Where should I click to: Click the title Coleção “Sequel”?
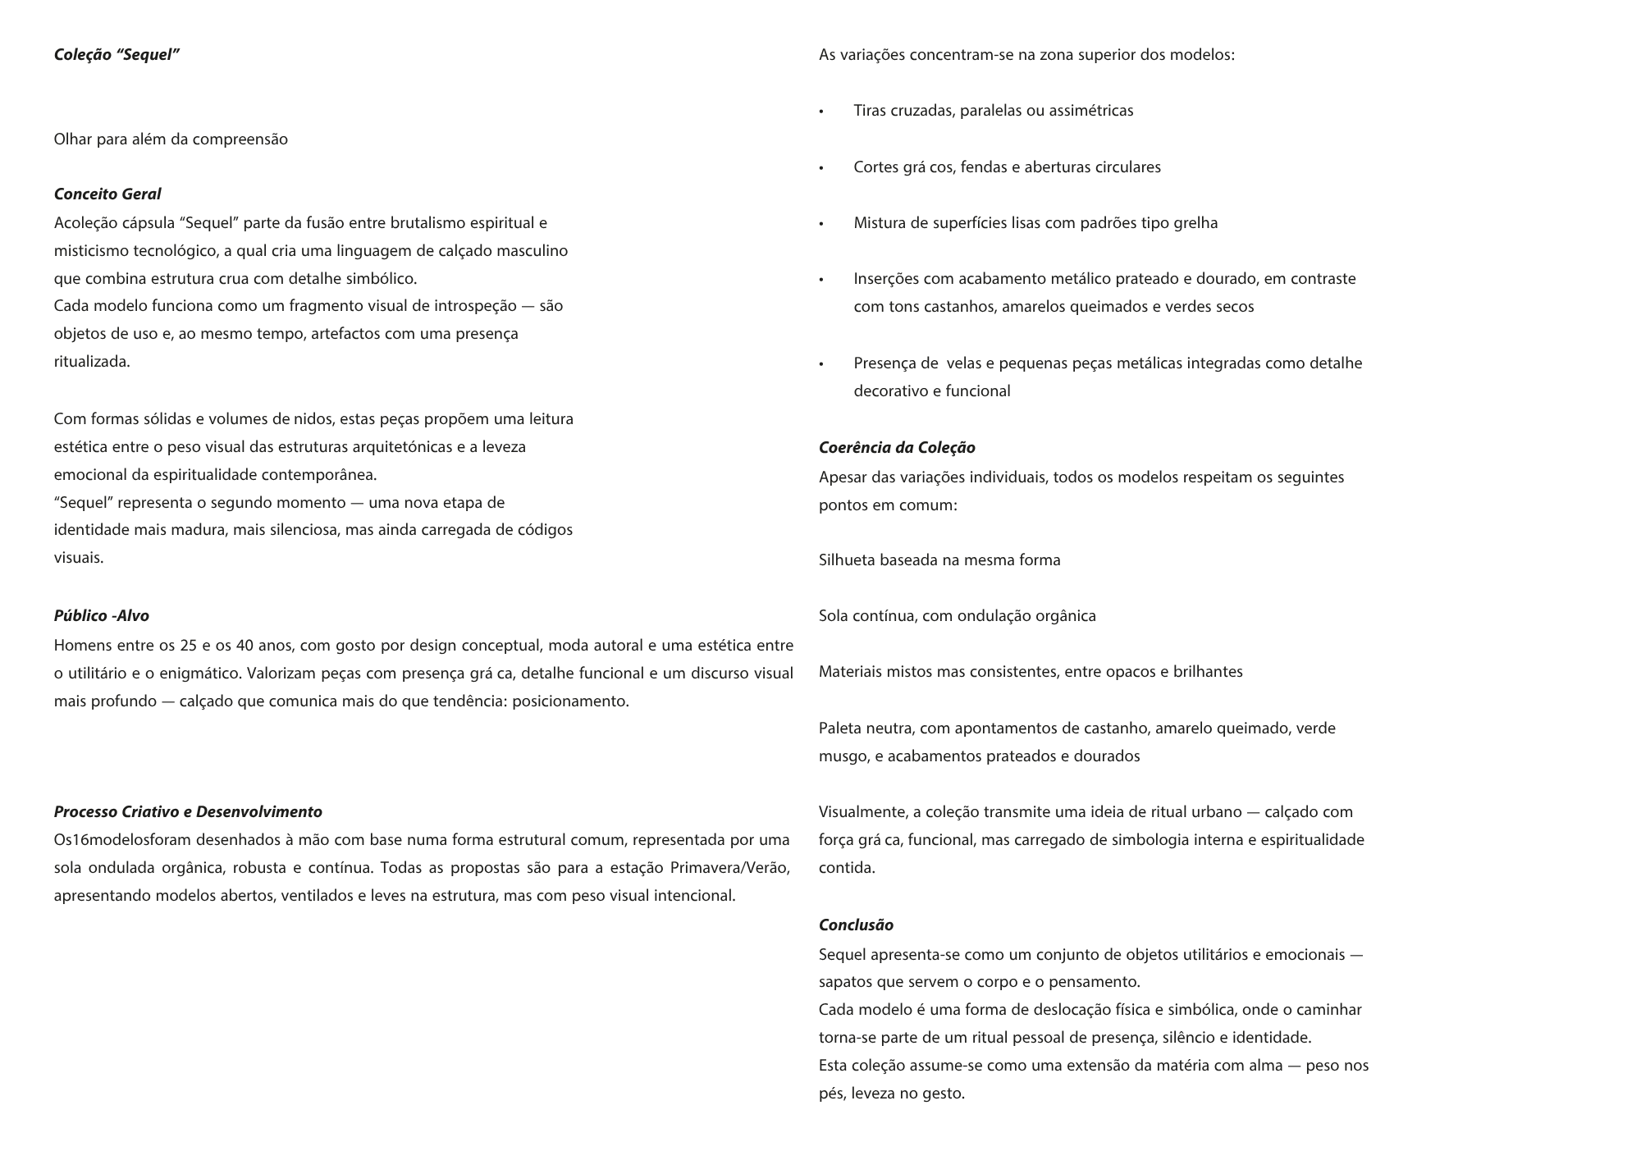[x=117, y=55]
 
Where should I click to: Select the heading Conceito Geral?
[x=107, y=194]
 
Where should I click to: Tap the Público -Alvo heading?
[x=102, y=616]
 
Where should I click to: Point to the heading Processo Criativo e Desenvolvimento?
[x=188, y=812]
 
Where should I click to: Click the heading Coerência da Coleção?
[x=897, y=448]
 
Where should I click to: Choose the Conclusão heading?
[x=856, y=925]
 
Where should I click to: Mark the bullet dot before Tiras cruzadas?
[x=821, y=112]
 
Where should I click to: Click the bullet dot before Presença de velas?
[x=821, y=364]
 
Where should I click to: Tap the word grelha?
[x=1195, y=223]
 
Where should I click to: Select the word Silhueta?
[x=847, y=560]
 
